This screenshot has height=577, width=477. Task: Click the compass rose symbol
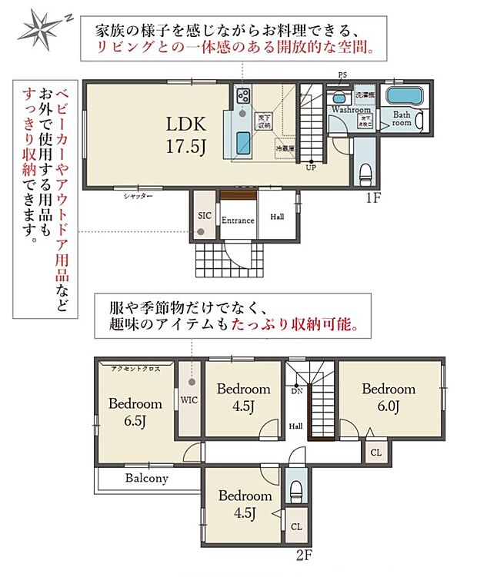tap(39, 29)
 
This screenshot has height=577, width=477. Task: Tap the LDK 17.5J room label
tap(185, 134)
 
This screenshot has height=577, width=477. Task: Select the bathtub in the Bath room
tap(404, 98)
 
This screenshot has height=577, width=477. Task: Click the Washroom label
tap(351, 110)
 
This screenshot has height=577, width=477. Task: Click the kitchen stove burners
tap(243, 97)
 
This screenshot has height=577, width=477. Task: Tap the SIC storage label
tap(205, 216)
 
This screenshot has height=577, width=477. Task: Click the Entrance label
tap(238, 221)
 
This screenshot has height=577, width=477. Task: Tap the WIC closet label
tap(189, 400)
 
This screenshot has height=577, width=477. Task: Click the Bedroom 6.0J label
tap(389, 396)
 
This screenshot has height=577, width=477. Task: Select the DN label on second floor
tap(296, 391)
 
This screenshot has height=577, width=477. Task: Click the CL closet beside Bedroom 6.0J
tap(375, 453)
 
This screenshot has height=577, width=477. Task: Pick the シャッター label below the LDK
tap(138, 197)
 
